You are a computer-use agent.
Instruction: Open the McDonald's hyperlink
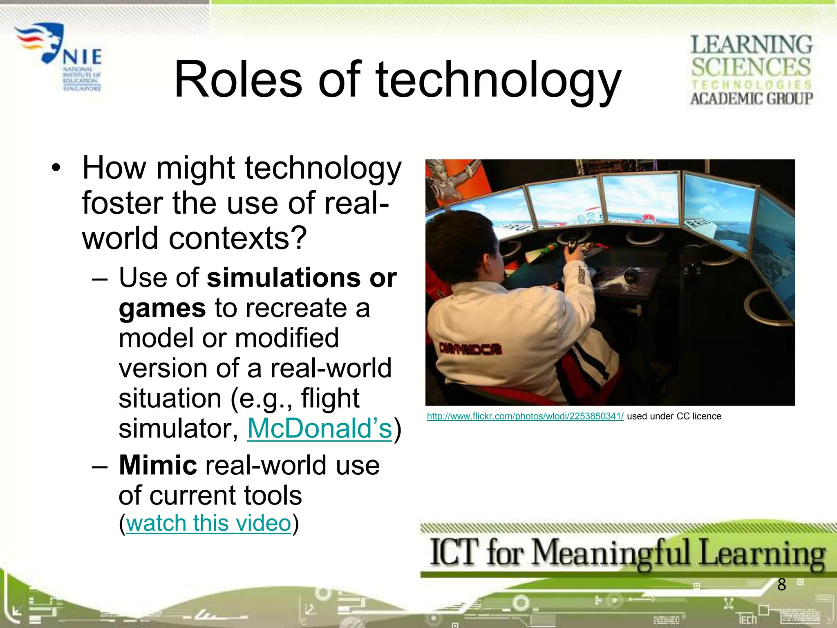click(x=320, y=428)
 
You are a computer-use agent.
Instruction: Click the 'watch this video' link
click(x=208, y=523)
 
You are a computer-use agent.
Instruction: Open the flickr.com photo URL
click(x=525, y=416)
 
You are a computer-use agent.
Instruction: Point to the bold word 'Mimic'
click(x=158, y=465)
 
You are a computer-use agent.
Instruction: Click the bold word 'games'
click(x=162, y=308)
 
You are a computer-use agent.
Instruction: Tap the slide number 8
click(x=781, y=585)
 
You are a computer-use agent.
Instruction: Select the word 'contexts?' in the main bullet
click(x=237, y=238)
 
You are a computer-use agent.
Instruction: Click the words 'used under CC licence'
click(x=674, y=416)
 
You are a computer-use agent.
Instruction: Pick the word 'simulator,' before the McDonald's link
click(x=179, y=428)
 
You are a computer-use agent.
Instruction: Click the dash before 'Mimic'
click(x=100, y=467)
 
